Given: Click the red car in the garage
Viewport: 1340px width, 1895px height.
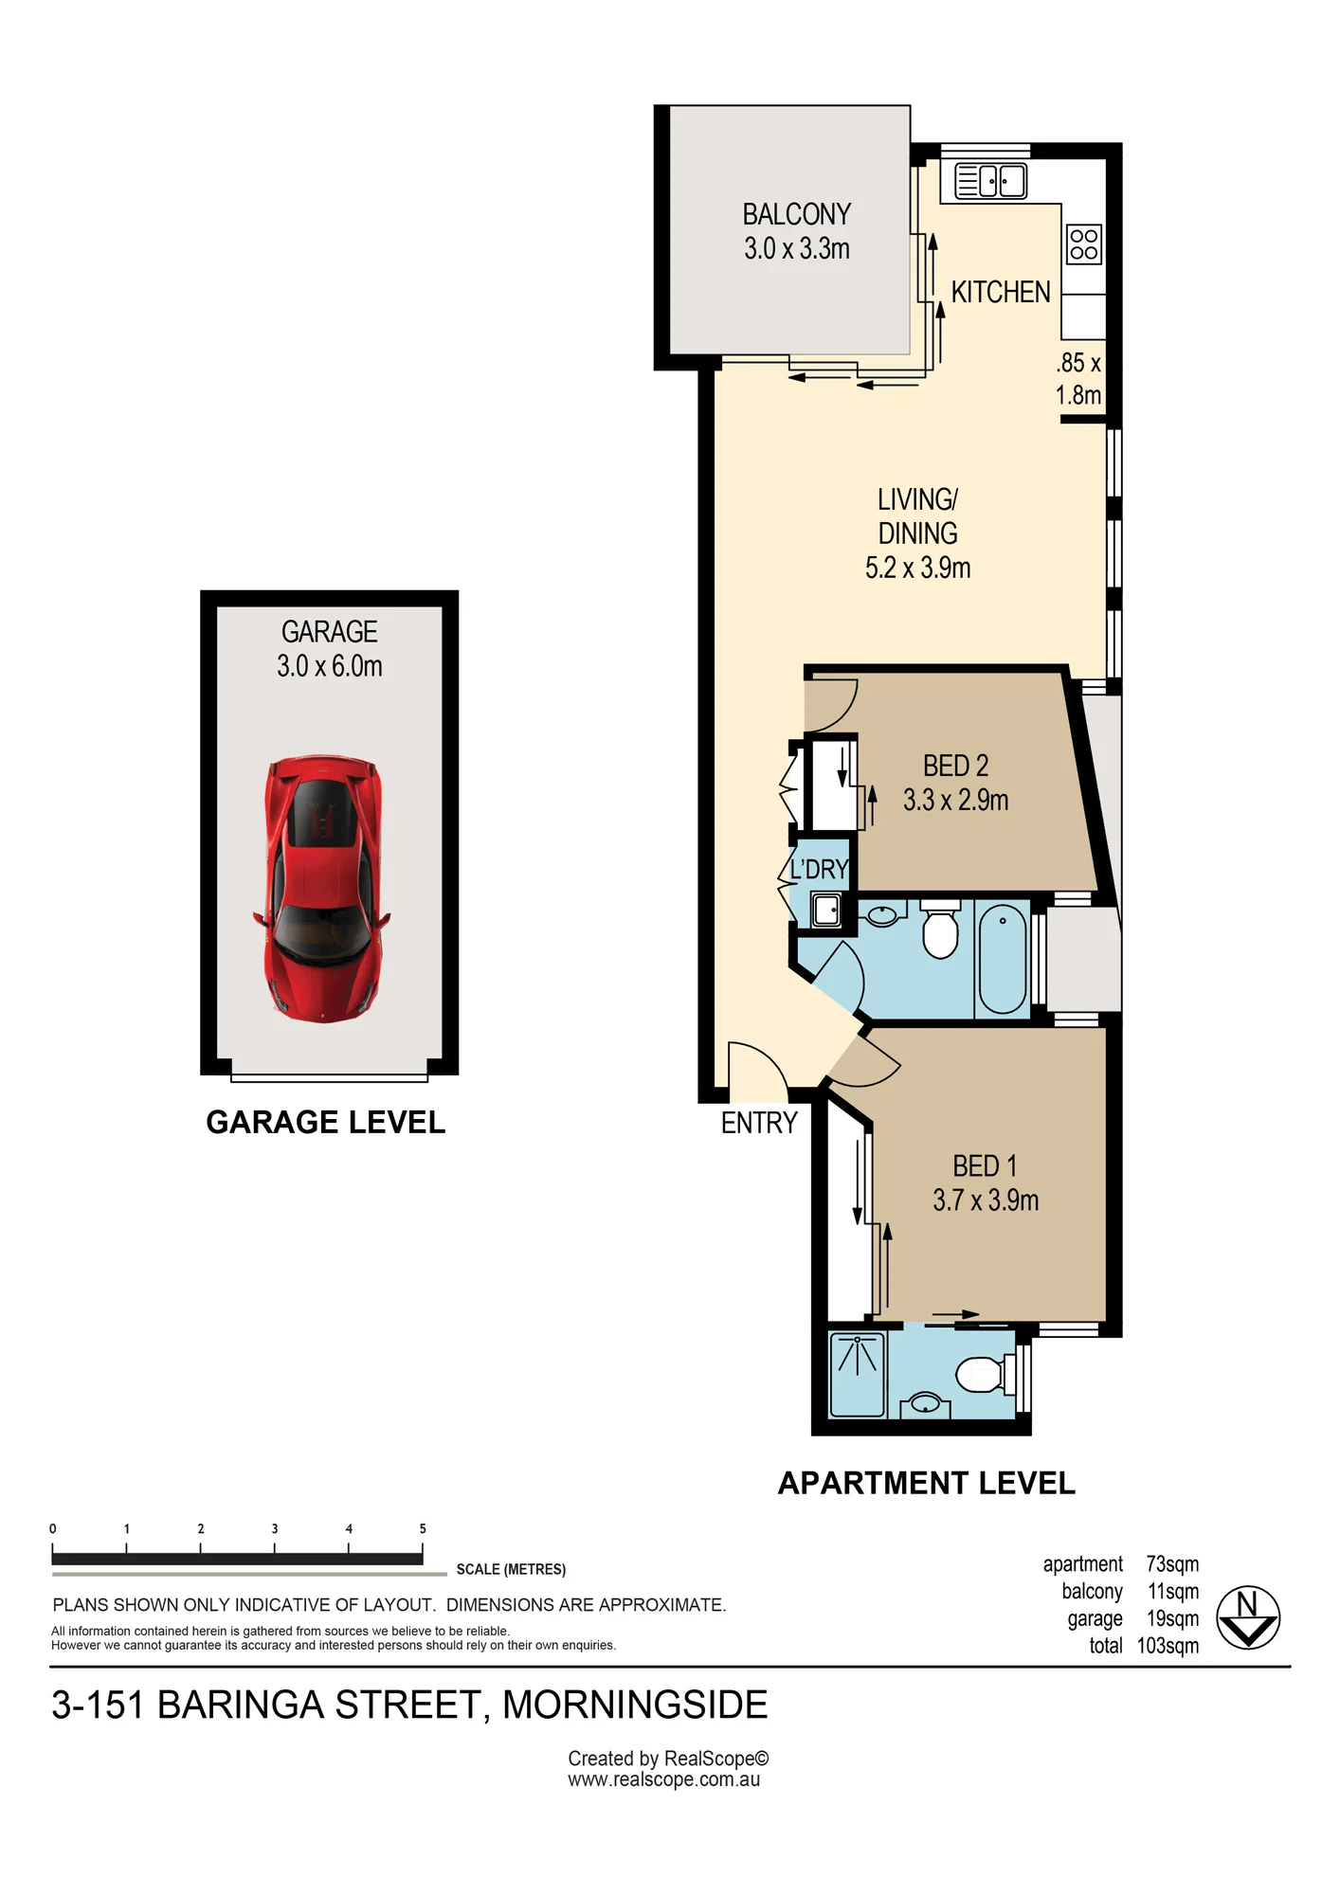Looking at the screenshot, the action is pyautogui.click(x=321, y=888).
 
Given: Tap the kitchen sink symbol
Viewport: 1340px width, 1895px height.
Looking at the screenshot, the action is pyautogui.click(x=990, y=180).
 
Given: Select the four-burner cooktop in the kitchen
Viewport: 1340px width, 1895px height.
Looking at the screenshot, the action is pyautogui.click(x=1084, y=244).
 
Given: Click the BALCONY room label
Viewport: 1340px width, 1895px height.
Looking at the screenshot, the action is pyautogui.click(x=797, y=214).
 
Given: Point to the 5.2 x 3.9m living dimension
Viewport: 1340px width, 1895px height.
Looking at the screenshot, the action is pyautogui.click(x=917, y=568).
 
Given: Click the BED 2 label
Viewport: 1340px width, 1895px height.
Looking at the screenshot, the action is pyautogui.click(x=955, y=765).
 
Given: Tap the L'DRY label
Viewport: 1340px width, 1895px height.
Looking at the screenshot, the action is pyautogui.click(x=819, y=869).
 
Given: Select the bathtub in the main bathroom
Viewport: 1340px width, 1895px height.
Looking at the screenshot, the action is pyautogui.click(x=1003, y=959).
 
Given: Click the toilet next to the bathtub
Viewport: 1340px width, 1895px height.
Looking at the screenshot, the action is pyautogui.click(x=940, y=930).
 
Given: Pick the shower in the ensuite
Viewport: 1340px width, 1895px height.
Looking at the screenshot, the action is pyautogui.click(x=858, y=1375).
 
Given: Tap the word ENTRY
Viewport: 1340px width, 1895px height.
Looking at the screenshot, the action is pyautogui.click(x=759, y=1123).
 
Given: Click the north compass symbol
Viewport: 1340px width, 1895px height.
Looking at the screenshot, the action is pyautogui.click(x=1248, y=1617).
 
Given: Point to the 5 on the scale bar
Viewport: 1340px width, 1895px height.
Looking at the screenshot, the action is pyautogui.click(x=423, y=1528).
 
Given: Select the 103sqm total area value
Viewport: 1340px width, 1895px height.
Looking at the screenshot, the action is pyautogui.click(x=1168, y=1646).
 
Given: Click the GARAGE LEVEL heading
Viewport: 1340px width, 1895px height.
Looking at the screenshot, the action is pyautogui.click(x=326, y=1122).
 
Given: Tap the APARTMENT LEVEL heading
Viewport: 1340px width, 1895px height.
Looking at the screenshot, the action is pyautogui.click(x=927, y=1483).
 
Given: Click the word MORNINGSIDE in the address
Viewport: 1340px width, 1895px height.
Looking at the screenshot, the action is pyautogui.click(x=635, y=1705).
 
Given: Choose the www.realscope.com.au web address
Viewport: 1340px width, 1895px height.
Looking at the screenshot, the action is pyautogui.click(x=664, y=1779).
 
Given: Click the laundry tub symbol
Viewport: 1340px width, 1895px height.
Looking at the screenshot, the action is pyautogui.click(x=826, y=910).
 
